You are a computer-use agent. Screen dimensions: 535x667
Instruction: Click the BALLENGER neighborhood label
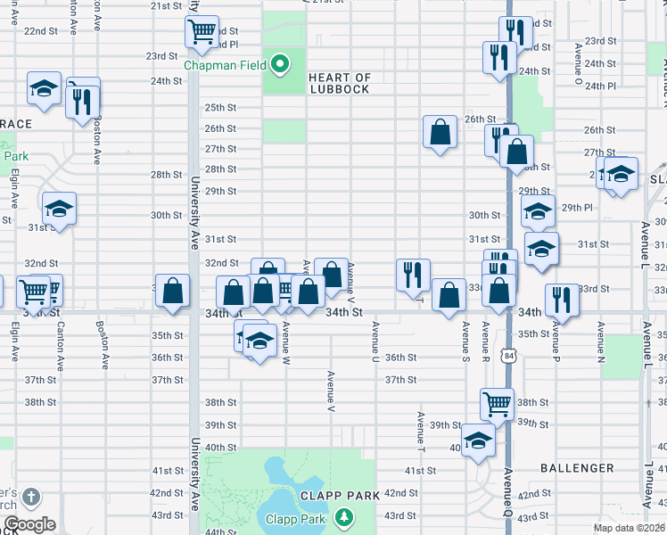pyautogui.click(x=577, y=467)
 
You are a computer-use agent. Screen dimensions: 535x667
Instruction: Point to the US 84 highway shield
pyautogui.click(x=508, y=356)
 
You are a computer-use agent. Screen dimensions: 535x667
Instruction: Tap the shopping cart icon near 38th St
pyautogui.click(x=498, y=403)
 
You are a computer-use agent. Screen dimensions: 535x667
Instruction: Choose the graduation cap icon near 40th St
pyautogui.click(x=479, y=440)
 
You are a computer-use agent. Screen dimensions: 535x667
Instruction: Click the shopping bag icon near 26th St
pyautogui.click(x=441, y=133)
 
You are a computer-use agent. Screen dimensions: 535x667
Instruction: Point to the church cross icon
pyautogui.click(x=31, y=497)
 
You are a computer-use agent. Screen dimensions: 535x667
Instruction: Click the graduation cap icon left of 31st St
pyautogui.click(x=60, y=210)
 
